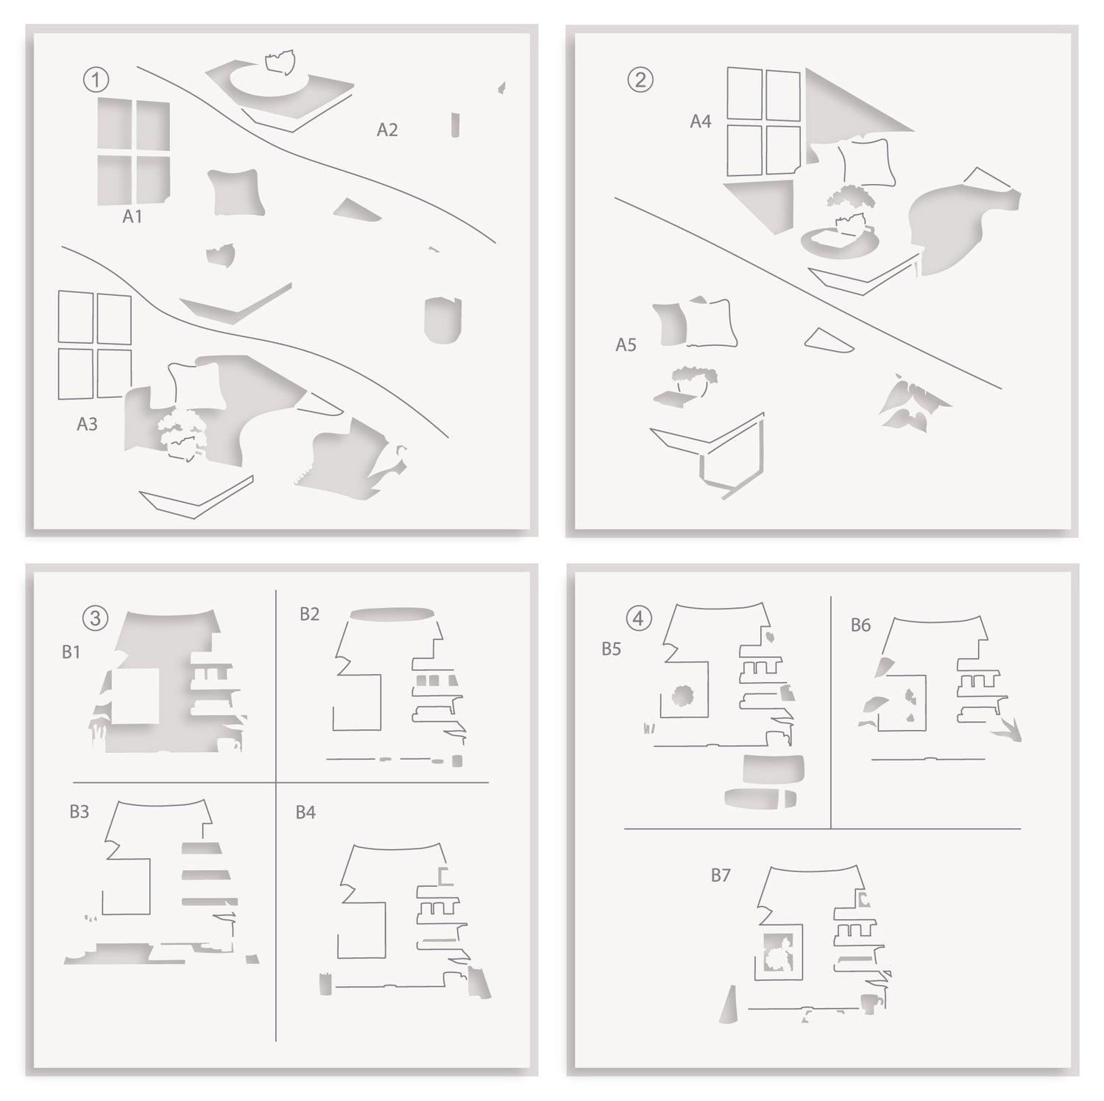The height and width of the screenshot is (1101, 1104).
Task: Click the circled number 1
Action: click(x=96, y=79)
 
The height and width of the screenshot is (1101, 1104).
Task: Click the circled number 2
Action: click(x=640, y=79)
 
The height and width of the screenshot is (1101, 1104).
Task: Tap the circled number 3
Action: click(x=95, y=618)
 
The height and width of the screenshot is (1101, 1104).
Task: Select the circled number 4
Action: click(x=638, y=618)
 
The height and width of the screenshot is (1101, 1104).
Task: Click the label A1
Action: click(x=132, y=216)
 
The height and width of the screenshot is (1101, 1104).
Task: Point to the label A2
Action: click(x=387, y=130)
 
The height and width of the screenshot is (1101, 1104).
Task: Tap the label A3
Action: click(x=87, y=424)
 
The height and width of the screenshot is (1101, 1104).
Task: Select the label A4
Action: click(x=700, y=121)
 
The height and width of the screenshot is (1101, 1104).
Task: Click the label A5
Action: click(x=626, y=344)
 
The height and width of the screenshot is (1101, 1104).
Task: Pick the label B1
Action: click(x=71, y=652)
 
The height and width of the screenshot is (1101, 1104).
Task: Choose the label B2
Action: click(x=309, y=614)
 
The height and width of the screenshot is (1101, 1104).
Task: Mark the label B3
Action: click(x=79, y=811)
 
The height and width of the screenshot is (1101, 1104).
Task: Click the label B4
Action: click(x=305, y=812)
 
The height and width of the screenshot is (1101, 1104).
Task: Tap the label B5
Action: click(x=611, y=648)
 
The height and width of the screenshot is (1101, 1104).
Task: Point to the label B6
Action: click(x=860, y=625)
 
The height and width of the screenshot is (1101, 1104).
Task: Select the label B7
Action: click(x=720, y=875)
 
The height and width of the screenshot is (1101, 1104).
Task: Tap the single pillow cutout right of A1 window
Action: click(x=235, y=192)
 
